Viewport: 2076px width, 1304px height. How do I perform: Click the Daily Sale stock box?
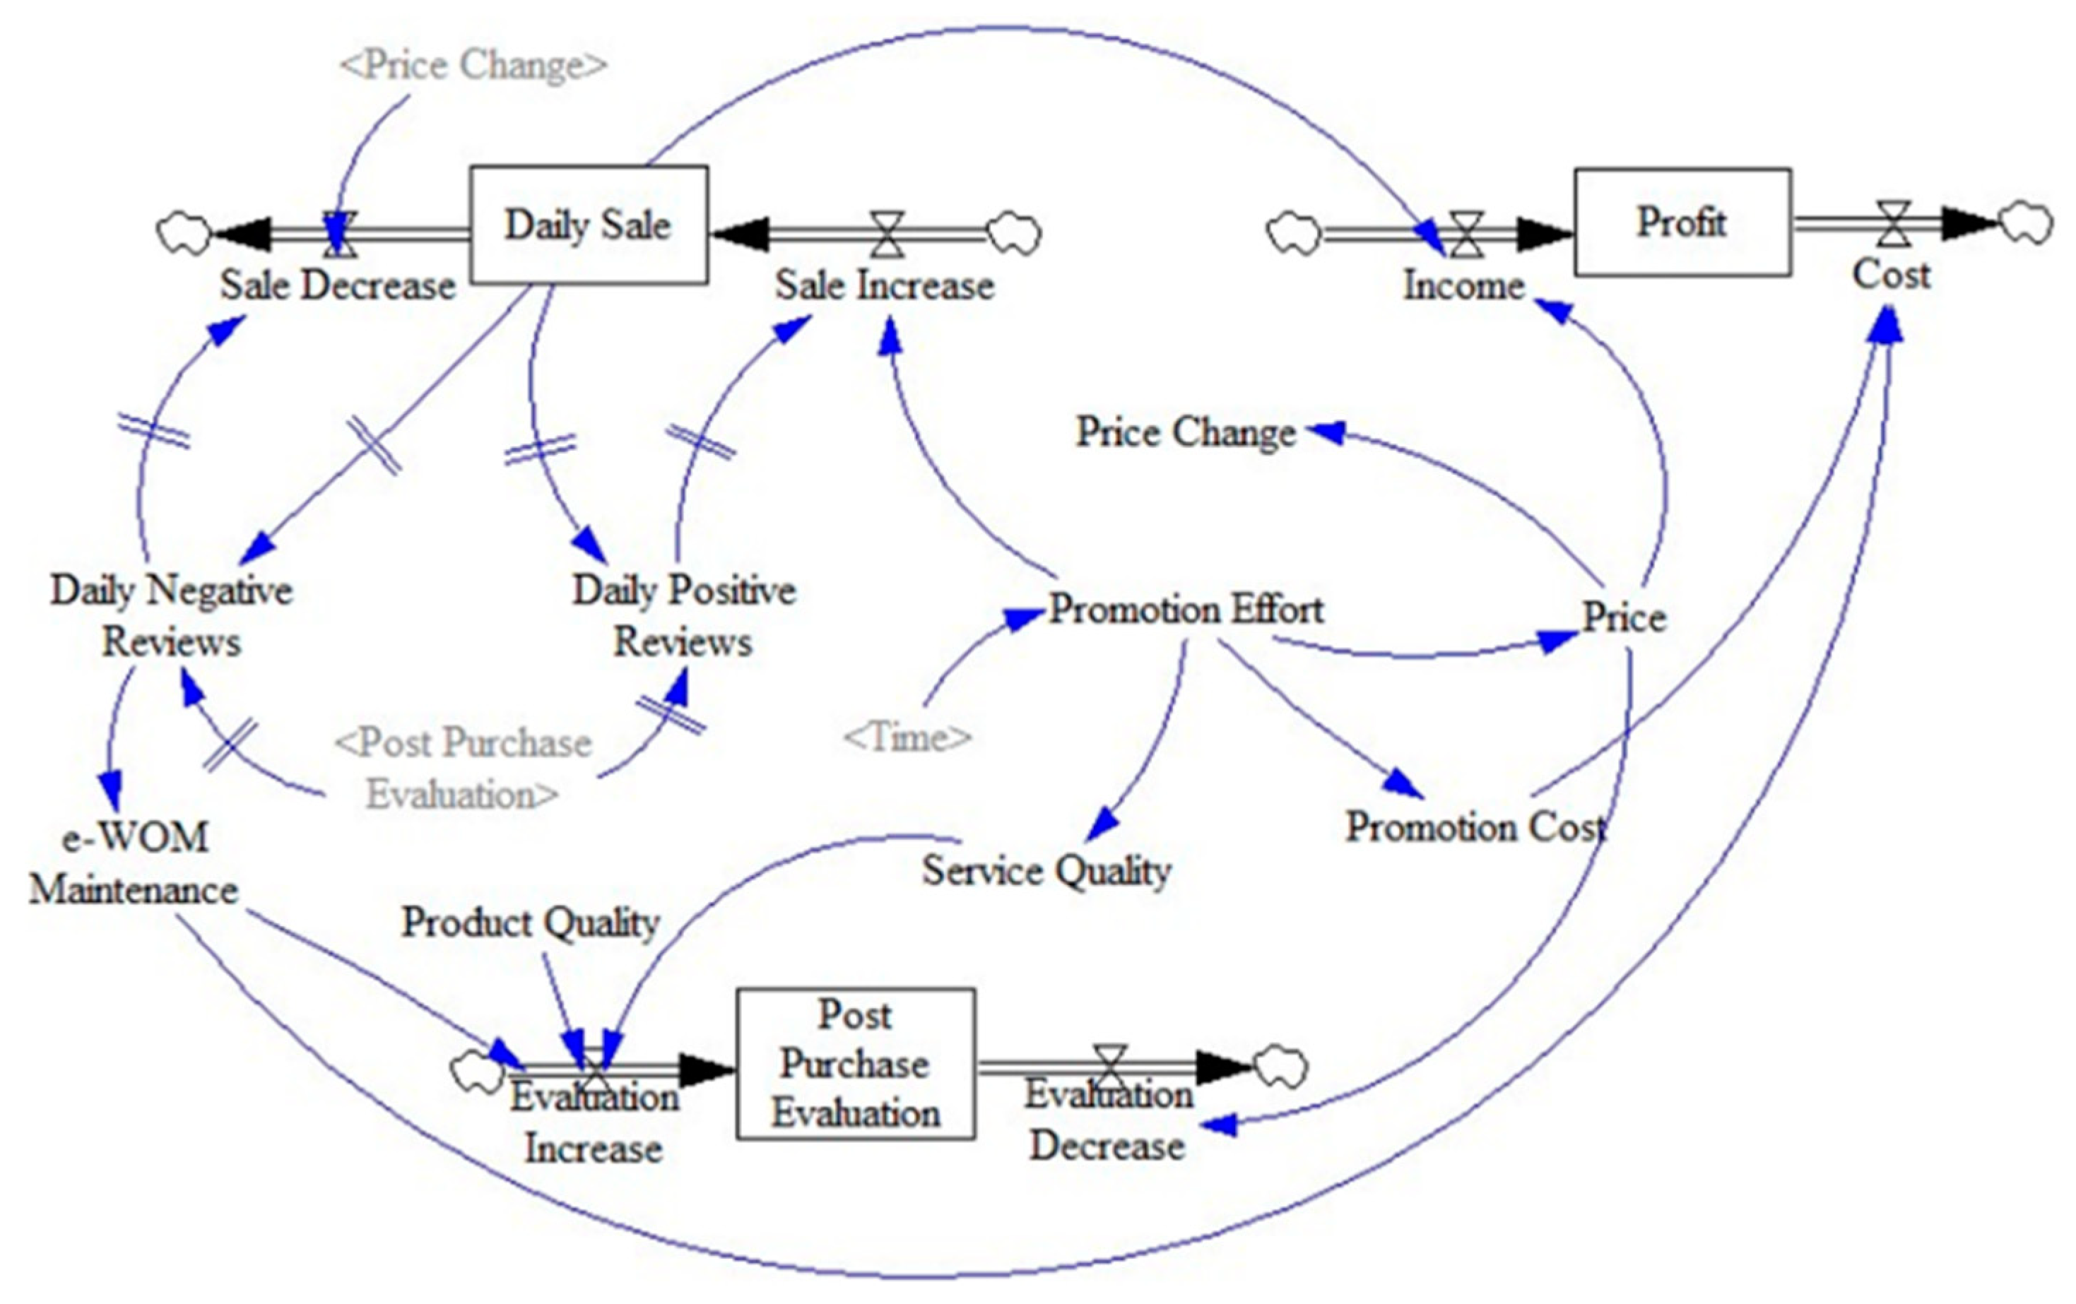point(588,224)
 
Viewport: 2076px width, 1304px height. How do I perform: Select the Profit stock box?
point(1682,223)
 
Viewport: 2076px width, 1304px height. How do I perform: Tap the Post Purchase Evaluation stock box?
point(855,1064)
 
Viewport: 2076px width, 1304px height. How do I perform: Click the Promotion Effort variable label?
point(1186,610)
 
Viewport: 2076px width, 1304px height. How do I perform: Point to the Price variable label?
point(1624,617)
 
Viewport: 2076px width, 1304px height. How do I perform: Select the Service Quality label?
point(1046,870)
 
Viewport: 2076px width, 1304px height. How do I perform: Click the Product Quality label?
point(530,922)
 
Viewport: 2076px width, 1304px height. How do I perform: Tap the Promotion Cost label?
point(1476,826)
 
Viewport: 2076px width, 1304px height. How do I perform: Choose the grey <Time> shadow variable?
point(907,737)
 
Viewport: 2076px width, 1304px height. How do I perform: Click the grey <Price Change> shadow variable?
point(473,65)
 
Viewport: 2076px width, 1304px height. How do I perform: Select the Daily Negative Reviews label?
point(172,615)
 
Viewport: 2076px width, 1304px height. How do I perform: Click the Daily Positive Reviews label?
point(684,615)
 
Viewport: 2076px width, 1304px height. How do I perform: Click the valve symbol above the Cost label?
point(1894,223)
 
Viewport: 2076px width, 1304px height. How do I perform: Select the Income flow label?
point(1463,285)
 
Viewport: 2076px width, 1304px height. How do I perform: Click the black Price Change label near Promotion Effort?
point(1186,432)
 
